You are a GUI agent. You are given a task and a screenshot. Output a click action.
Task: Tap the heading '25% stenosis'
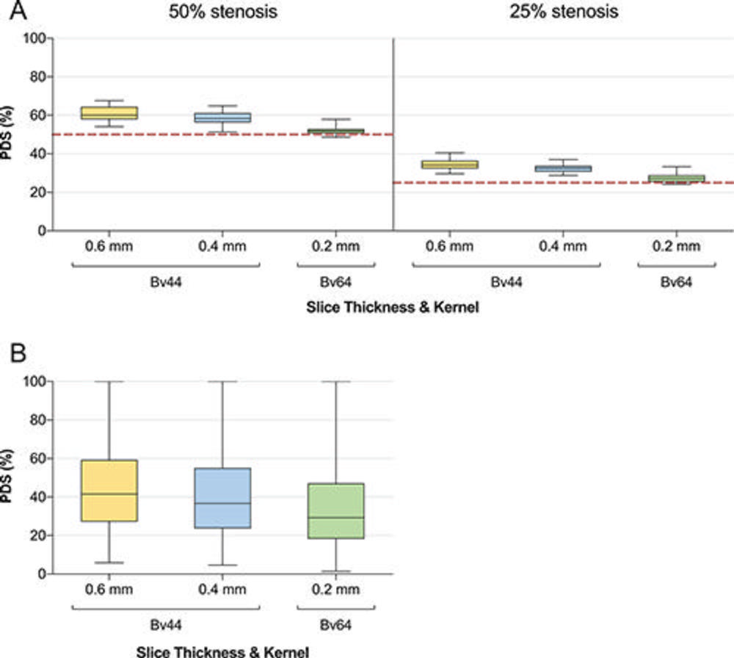[564, 12]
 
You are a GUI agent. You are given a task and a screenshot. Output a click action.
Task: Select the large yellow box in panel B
[109, 491]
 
